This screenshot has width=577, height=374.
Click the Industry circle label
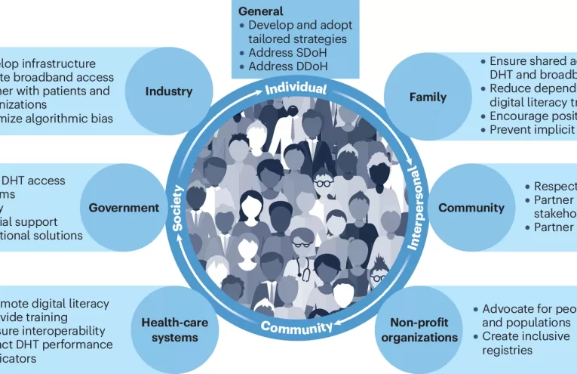click(x=169, y=92)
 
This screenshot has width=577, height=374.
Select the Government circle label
click(x=124, y=208)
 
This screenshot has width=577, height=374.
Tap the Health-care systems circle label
click(x=175, y=329)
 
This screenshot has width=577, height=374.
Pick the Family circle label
click(x=427, y=97)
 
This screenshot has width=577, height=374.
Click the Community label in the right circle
click(x=471, y=208)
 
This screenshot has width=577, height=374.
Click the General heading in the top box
click(x=261, y=12)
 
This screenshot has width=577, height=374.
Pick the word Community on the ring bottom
click(x=296, y=327)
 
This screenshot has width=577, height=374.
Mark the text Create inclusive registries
click(x=526, y=343)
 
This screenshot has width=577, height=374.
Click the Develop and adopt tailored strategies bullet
click(x=299, y=32)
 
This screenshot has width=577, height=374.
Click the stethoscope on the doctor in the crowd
click(x=302, y=260)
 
